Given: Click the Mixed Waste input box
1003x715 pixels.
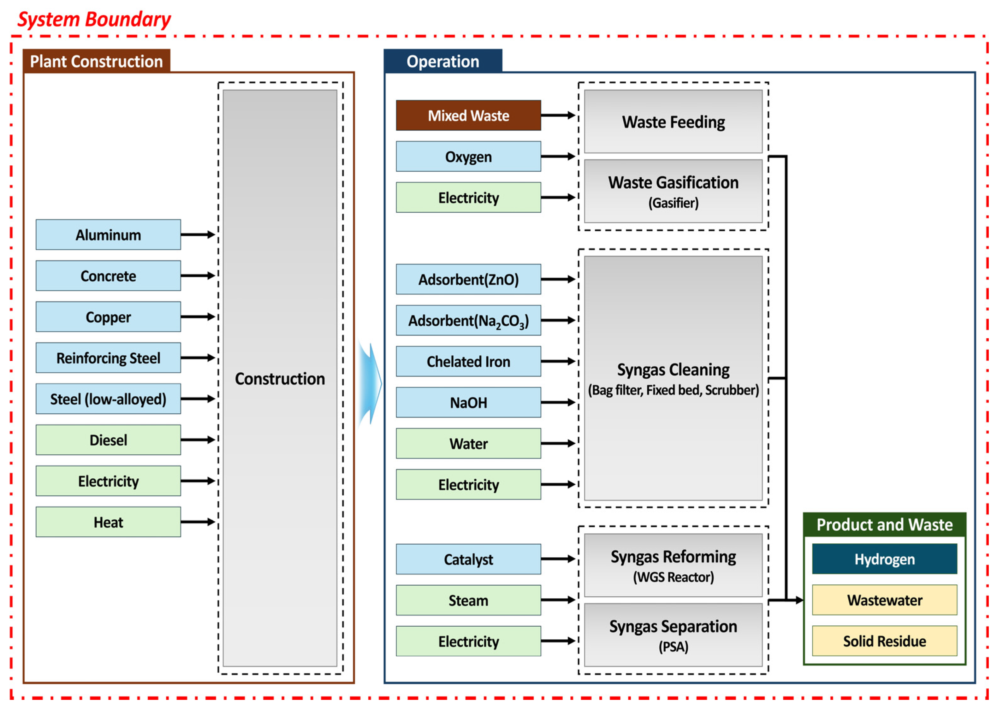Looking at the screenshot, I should (468, 115).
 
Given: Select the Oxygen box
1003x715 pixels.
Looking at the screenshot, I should (468, 156).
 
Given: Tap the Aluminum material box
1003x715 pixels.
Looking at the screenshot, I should (108, 235).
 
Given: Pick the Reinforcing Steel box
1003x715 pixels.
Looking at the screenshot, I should (108, 358).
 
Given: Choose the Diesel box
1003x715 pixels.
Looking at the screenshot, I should (108, 440).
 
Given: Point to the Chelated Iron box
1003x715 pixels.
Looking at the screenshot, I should (468, 362).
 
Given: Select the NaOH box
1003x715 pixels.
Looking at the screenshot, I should (468, 402).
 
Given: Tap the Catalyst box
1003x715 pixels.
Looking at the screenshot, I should (468, 559).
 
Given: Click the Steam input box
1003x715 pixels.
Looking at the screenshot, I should (468, 600).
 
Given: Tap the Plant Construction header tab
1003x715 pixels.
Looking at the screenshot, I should (97, 61).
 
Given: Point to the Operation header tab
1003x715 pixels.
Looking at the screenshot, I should (442, 61).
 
